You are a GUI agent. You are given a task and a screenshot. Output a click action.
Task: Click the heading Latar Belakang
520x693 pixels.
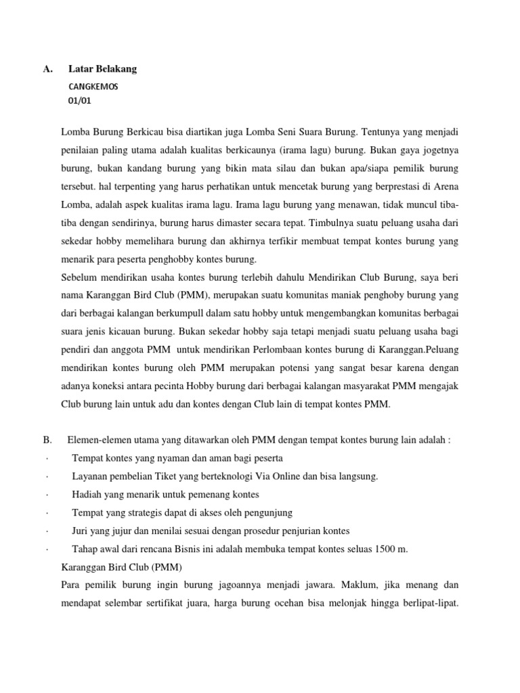click(102, 69)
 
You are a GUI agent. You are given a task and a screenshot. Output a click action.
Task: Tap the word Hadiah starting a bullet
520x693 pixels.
click(87, 495)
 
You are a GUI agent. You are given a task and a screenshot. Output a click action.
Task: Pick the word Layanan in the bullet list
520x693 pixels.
click(91, 476)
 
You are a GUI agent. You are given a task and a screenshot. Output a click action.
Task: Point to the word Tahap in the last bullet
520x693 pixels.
click(85, 549)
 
